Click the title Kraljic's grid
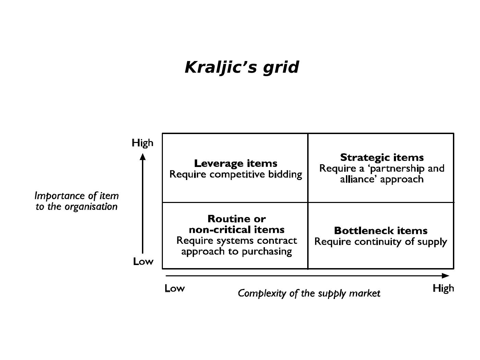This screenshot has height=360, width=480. point(242,67)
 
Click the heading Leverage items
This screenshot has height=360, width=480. point(236,163)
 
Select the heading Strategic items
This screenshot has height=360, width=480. point(382,157)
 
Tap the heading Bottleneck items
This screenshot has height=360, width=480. point(381,230)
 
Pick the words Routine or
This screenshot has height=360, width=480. point(237,219)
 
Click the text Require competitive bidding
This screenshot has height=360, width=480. point(236,175)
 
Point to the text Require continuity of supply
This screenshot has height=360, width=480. point(381,242)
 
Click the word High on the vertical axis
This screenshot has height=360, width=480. point(142,143)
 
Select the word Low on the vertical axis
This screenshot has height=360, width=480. point(143,262)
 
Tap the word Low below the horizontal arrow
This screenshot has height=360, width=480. point(175,289)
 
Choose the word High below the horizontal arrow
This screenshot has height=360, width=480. point(443,289)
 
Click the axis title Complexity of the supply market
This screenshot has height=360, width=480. point(309,293)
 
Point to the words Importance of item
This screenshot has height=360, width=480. point(76,196)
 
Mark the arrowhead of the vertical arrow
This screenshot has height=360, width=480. point(143,156)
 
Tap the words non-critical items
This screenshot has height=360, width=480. point(237,229)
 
